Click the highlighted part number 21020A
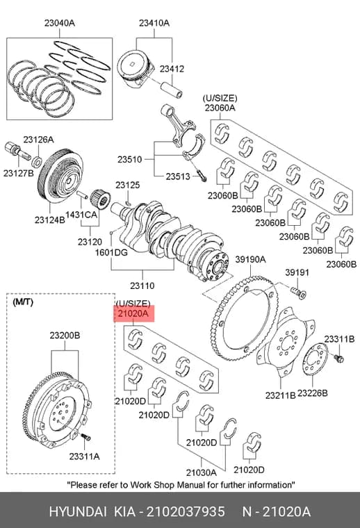133,313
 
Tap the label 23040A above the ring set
60,23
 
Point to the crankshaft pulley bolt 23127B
17,153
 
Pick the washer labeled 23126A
37,162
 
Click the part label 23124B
49,220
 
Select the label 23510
130,159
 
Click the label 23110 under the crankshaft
142,286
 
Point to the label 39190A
250,259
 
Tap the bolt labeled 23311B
338,358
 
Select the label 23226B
313,393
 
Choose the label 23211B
280,395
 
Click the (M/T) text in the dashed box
23,302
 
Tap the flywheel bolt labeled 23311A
86,438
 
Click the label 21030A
202,473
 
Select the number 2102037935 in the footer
186,512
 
